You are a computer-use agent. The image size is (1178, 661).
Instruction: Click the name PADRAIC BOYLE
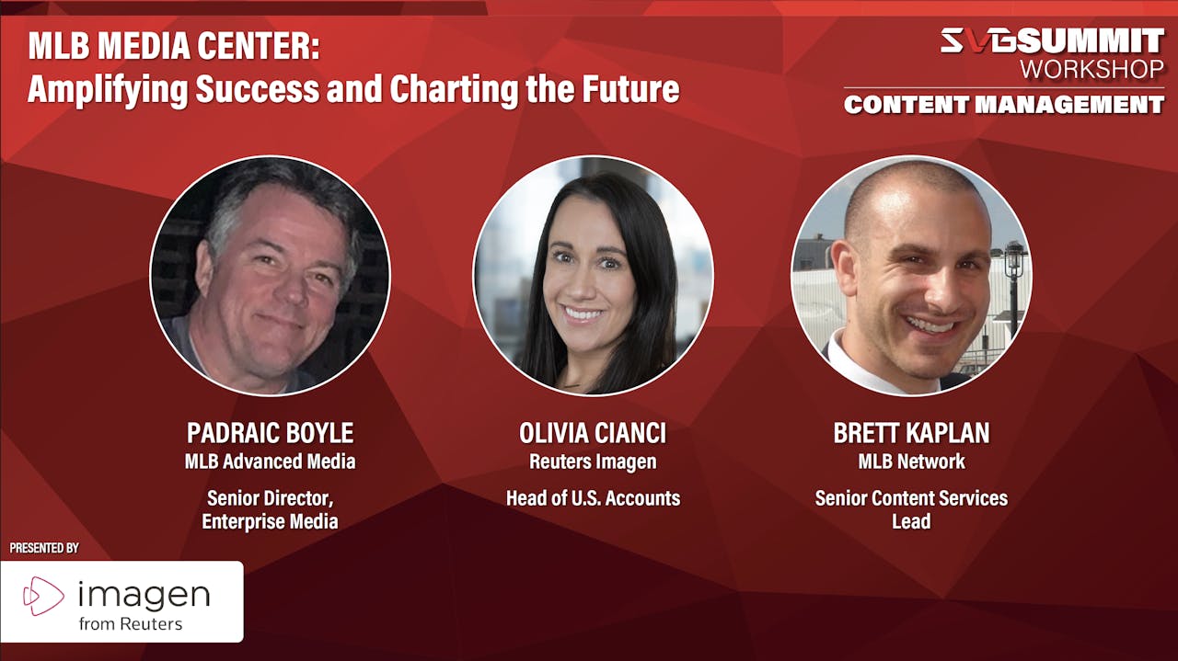coord(270,433)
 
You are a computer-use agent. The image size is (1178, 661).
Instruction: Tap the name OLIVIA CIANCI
coord(592,433)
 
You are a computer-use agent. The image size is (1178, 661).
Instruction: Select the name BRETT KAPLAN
coord(911,433)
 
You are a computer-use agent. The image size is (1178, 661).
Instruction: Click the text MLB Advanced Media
coord(270,462)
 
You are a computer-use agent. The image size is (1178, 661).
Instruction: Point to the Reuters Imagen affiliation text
coord(592,462)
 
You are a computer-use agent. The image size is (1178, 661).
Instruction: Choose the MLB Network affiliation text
coord(911,462)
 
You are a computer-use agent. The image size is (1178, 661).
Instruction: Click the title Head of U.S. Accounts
coord(593,498)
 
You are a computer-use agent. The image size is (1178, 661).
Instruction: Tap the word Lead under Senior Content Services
coord(911,521)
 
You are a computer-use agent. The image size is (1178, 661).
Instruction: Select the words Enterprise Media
coord(270,521)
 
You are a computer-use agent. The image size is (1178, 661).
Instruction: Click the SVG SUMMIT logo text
coord(1051,40)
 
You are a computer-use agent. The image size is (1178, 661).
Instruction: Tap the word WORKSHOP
coord(1091,68)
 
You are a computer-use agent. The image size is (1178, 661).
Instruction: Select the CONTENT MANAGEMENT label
coord(1003,105)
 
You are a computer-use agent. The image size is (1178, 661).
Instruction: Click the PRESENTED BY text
coord(44,548)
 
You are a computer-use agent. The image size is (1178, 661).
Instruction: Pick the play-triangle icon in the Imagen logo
coord(42,596)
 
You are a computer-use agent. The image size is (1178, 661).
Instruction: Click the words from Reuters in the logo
coord(130,623)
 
